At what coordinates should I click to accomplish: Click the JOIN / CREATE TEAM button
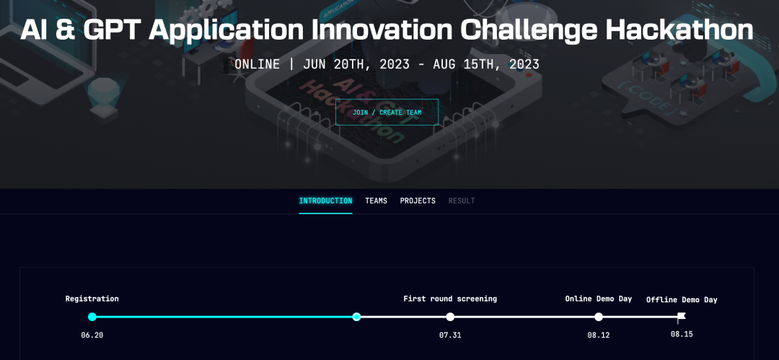pos(387,112)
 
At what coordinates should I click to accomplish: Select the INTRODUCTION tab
pos(325,201)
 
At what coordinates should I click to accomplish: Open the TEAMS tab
pos(376,201)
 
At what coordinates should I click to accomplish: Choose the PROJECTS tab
pos(418,201)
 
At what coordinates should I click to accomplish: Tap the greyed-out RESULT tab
pos(462,201)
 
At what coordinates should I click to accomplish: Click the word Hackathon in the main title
pos(679,30)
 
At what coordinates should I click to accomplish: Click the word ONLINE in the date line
pos(258,65)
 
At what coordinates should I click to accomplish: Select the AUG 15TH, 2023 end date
pos(486,65)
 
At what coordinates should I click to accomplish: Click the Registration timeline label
pos(92,299)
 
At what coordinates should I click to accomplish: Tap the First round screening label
pos(450,299)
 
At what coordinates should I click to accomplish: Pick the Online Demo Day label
pos(599,299)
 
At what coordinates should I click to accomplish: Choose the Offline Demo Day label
pos(682,300)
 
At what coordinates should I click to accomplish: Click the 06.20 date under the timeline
pos(92,335)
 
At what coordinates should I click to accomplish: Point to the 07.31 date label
pos(450,335)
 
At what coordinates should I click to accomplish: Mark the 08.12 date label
pos(599,335)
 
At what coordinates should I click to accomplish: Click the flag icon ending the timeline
pos(681,317)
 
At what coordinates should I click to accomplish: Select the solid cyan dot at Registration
pos(92,317)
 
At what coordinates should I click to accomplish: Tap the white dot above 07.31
pos(450,317)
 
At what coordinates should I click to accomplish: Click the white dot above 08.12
pos(599,317)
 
